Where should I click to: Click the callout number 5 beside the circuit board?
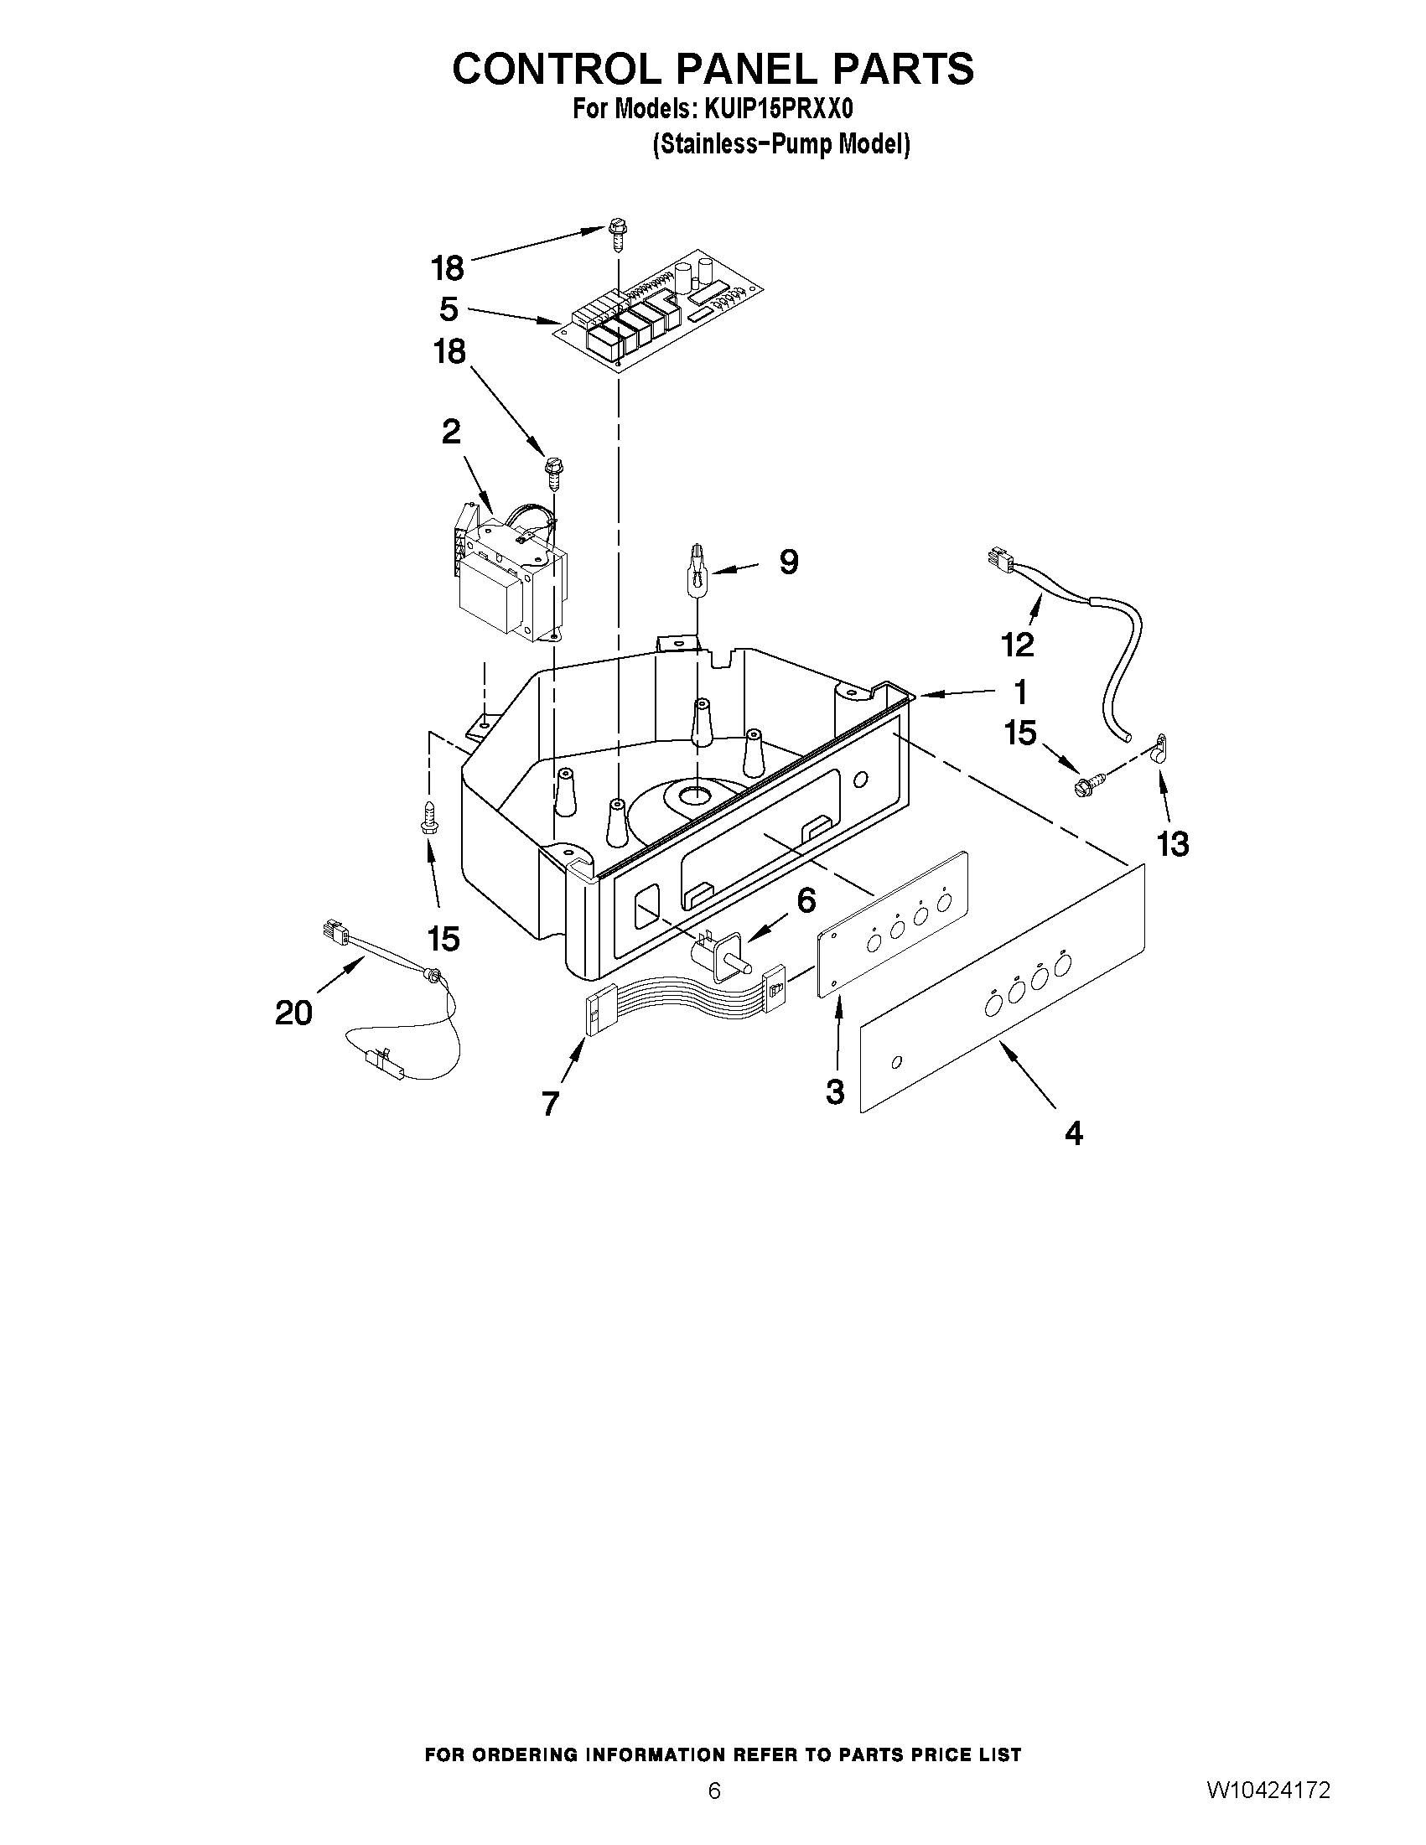tap(449, 309)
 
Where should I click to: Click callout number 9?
tap(788, 562)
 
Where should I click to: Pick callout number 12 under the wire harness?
tap(1017, 645)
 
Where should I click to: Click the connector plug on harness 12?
tap(998, 560)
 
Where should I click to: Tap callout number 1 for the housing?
tap(1020, 691)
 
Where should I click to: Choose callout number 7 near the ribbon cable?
tap(550, 1102)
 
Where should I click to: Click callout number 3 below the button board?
tap(835, 1091)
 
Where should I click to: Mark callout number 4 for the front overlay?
tap(1073, 1132)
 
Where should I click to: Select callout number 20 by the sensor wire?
tap(293, 1011)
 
